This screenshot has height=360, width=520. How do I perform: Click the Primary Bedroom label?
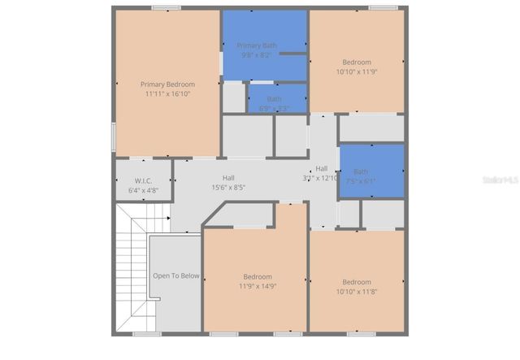coord(167,84)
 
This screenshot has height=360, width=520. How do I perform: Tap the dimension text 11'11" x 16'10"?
coord(167,93)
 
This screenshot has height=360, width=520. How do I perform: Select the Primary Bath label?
coord(257,46)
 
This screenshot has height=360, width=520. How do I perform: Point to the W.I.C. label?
coord(143,180)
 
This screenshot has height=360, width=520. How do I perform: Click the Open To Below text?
coord(176,275)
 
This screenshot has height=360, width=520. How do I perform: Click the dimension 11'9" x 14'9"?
coord(258,286)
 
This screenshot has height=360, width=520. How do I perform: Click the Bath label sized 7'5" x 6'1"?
coord(361,171)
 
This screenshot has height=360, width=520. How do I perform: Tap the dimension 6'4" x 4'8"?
coord(143,190)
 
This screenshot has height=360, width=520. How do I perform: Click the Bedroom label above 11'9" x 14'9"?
coord(258,276)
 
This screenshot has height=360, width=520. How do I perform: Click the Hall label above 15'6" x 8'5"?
coord(228,177)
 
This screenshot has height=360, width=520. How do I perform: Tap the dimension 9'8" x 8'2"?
coord(257,55)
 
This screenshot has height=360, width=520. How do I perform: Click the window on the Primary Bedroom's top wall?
coord(166,8)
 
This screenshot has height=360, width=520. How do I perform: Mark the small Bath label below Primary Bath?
coord(275,99)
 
